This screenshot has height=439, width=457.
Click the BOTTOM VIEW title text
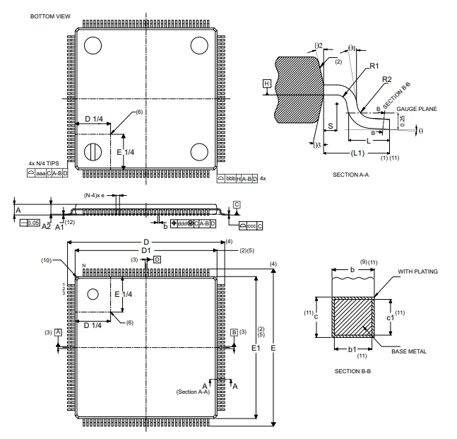coord(50,15)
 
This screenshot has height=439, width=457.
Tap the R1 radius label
coord(374,65)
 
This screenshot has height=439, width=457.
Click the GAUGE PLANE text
coord(417,109)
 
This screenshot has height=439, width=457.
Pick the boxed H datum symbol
coord(266,83)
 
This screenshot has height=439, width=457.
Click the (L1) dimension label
coord(357,153)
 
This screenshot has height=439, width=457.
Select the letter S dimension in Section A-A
coord(331,124)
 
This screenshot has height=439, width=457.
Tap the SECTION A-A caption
coord(352,173)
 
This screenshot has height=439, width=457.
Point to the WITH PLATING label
coord(418,271)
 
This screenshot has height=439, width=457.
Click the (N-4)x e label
coord(95,194)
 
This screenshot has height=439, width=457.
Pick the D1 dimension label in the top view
coord(146,251)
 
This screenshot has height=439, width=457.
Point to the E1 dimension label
coord(256,348)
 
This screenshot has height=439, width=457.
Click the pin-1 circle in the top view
coord(92,294)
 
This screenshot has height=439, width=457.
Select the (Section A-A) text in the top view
coord(194,392)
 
